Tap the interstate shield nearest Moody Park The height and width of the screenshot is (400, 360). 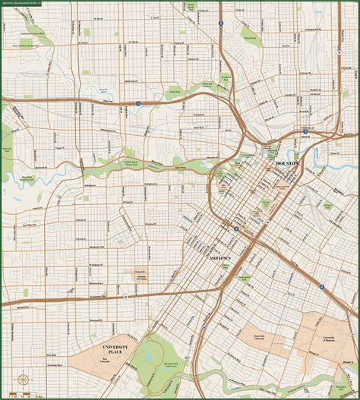[220, 24]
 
